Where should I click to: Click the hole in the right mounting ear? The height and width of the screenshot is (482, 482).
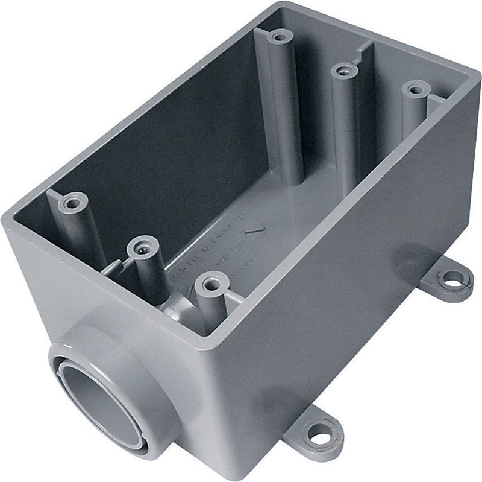[x=451, y=279]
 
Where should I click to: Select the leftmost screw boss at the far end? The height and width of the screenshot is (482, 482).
[x=278, y=37]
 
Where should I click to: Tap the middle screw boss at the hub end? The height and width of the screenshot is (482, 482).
[x=142, y=247]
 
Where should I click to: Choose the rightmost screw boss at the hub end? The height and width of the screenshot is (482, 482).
[x=211, y=282]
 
